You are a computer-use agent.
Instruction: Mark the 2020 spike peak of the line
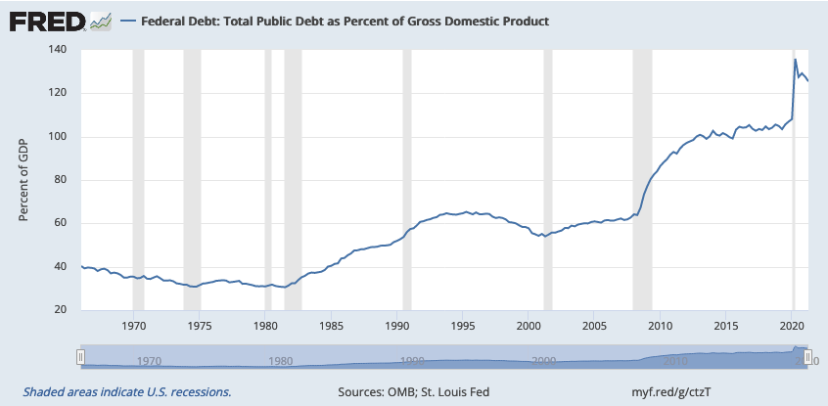[x=795, y=61]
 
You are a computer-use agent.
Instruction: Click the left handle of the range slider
[x=83, y=357]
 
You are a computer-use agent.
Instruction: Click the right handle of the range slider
[x=809, y=357]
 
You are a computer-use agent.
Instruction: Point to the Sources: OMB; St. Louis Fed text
[x=415, y=391]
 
